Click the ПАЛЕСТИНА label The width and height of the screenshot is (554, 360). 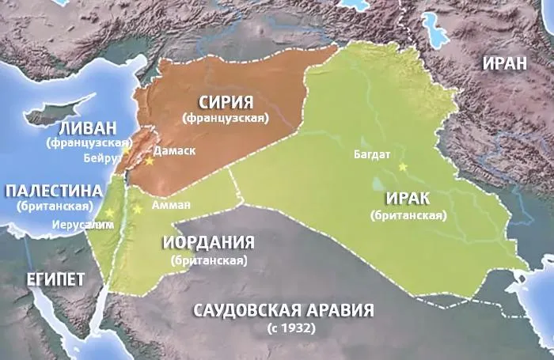[x=54, y=191]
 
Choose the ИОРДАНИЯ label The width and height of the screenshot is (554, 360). [x=208, y=242]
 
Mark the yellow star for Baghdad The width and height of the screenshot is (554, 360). [x=402, y=167]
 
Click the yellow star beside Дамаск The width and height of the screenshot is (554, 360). [x=147, y=160]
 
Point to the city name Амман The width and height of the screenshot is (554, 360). [x=171, y=204]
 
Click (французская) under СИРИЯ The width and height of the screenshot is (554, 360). [x=226, y=119]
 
